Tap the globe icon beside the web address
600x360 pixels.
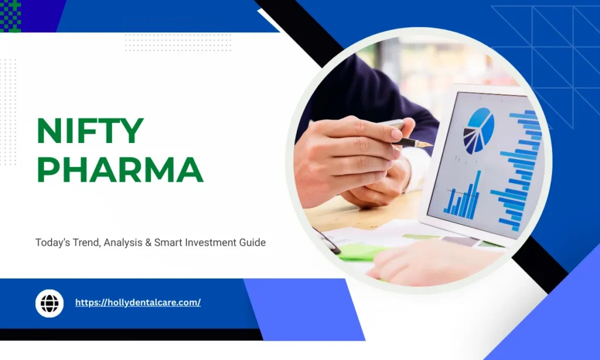pyautogui.click(x=49, y=303)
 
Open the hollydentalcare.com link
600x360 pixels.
pyautogui.click(x=138, y=303)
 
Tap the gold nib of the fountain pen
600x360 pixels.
pyautogui.click(x=424, y=143)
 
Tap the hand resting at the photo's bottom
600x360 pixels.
pyautogui.click(x=434, y=264)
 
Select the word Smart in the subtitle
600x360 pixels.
pyautogui.click(x=166, y=242)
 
